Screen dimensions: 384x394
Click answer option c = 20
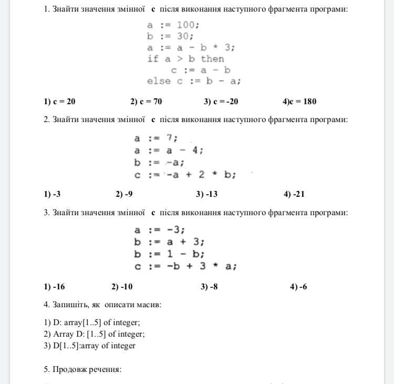[60, 102]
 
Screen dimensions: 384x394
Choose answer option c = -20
[221, 102]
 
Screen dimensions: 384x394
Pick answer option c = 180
[299, 102]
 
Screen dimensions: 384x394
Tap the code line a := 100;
[173, 25]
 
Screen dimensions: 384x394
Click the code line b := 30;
[170, 36]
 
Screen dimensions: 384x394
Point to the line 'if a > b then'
[185, 59]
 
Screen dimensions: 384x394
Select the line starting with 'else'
[194, 81]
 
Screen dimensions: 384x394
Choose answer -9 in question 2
[124, 194]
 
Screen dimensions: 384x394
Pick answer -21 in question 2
[294, 194]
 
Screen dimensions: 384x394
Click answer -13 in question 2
[207, 194]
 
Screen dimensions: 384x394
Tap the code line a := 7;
[156, 138]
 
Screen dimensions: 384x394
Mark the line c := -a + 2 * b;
[185, 175]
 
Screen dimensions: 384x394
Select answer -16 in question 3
[55, 287]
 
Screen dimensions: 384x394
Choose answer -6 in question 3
[298, 287]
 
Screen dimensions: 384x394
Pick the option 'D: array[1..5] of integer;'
[92, 322]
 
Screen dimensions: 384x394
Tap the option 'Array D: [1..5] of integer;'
[94, 334]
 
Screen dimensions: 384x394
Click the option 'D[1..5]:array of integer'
[90, 346]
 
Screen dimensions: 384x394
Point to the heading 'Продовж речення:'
[82, 369]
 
